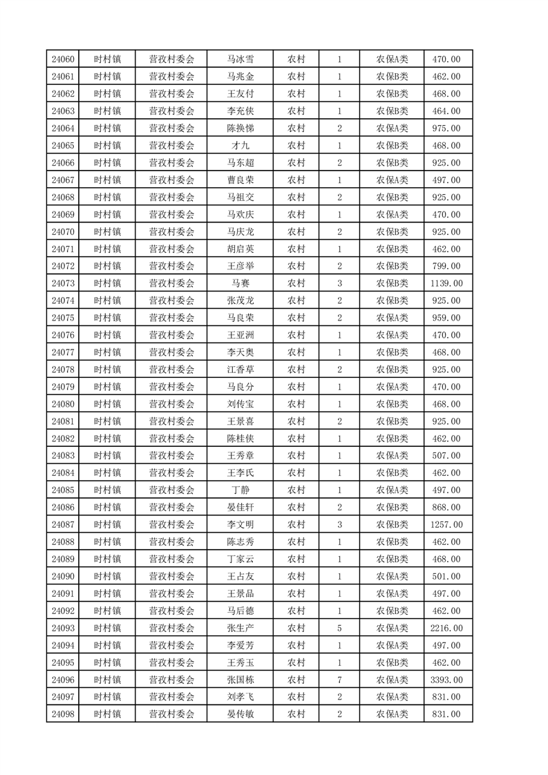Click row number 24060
pyautogui.click(x=62, y=59)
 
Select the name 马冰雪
pyautogui.click(x=240, y=59)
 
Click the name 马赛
pyautogui.click(x=240, y=283)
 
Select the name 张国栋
pyautogui.click(x=240, y=680)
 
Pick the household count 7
pyautogui.click(x=339, y=680)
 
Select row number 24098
pyautogui.click(x=62, y=714)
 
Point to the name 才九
pyautogui.click(x=240, y=146)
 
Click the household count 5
pyautogui.click(x=339, y=628)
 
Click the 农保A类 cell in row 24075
pyautogui.click(x=392, y=318)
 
